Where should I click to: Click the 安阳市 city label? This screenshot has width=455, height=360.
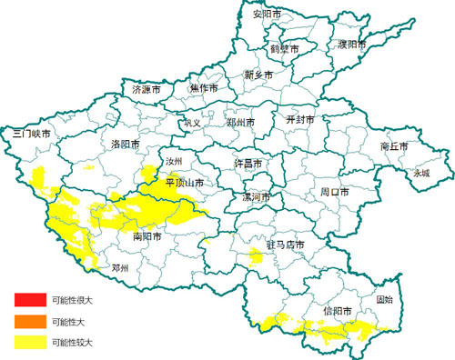268,15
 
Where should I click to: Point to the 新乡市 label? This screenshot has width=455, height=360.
258,75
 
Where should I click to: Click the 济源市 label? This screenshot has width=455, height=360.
147,91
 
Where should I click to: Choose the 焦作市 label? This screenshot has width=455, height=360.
204,89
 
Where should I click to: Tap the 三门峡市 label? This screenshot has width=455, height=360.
33,134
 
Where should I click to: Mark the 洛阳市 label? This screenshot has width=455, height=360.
126,145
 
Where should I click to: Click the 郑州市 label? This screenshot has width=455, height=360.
240,122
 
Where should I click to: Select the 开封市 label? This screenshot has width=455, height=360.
299,120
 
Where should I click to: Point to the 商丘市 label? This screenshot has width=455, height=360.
394,146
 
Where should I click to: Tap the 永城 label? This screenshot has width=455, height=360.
422,173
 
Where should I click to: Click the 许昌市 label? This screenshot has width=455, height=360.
249,164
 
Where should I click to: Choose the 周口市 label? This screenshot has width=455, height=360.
335,193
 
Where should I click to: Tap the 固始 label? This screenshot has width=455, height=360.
385,299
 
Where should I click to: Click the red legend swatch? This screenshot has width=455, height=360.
28,299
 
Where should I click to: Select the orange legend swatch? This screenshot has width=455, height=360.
28,321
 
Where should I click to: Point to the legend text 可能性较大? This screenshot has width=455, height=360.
73,343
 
